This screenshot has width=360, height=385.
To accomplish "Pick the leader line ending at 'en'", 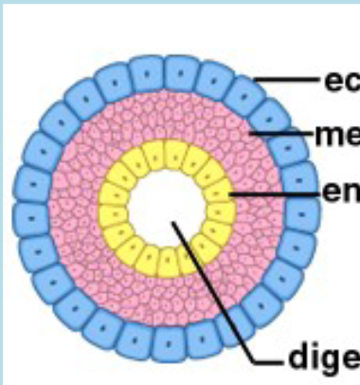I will tap(275, 193).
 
